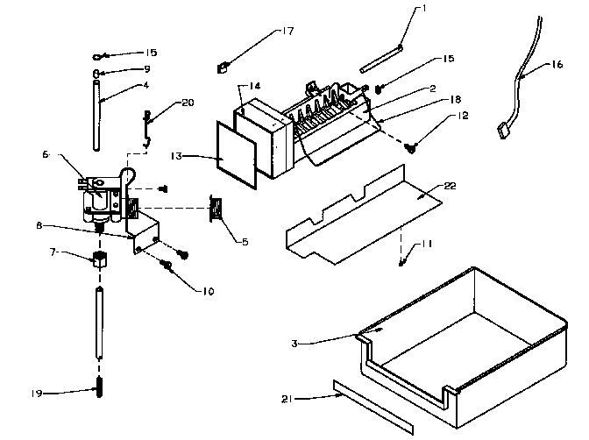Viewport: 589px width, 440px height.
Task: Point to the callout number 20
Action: coord(187,103)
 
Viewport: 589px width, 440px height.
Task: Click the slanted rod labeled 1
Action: coord(380,53)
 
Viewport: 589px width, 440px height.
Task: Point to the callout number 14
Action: coord(254,85)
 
